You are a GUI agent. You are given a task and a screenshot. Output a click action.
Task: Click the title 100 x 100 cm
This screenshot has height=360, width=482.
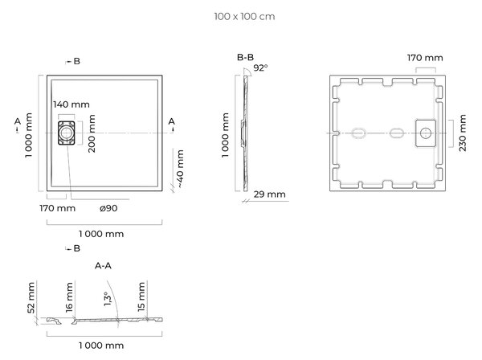pyautogui.click(x=244, y=16)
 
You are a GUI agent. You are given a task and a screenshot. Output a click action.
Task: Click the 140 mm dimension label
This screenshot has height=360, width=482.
pyautogui.click(x=71, y=104)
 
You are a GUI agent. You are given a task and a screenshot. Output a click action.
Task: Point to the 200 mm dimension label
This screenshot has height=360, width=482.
pyautogui.click(x=92, y=133)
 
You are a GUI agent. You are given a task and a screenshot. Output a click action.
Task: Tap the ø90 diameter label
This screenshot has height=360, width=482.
pyautogui.click(x=108, y=208)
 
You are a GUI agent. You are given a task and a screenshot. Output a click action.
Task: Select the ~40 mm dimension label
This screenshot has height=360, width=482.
pyautogui.click(x=180, y=169)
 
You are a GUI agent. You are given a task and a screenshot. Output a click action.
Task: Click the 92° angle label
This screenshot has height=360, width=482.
pyautogui.click(x=260, y=67)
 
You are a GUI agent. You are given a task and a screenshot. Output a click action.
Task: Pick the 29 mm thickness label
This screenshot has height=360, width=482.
pyautogui.click(x=270, y=194)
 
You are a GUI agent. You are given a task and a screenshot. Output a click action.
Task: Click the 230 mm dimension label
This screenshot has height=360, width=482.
pyautogui.click(x=463, y=133)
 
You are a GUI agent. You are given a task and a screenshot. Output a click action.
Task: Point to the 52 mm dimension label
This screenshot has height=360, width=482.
pyautogui.click(x=31, y=298)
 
